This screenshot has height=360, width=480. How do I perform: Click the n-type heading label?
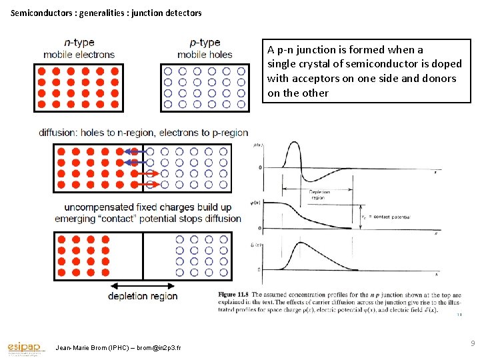click(79, 43)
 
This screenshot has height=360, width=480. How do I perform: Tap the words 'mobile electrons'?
click(79, 55)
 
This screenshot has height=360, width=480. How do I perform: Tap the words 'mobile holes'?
click(205, 55)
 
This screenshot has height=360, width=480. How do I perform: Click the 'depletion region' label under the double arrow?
click(143, 296)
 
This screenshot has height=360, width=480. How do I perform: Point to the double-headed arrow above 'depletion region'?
click(143, 284)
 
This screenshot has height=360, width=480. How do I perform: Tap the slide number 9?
click(473, 344)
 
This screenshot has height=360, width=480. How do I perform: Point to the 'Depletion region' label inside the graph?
click(319, 195)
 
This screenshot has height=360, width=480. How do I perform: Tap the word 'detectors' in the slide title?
click(180, 13)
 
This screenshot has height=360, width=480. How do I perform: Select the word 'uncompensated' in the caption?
click(101, 208)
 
